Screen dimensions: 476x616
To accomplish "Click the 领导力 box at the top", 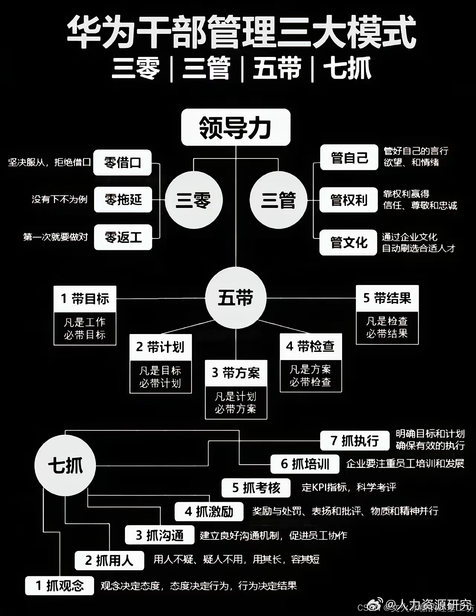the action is pos(235,127).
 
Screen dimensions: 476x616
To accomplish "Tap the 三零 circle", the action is pos(193,200).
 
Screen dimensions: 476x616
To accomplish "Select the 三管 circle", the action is pos(278,200).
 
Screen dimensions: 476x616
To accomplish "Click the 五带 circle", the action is pos(236,298).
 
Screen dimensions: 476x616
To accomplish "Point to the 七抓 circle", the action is pos(65,465).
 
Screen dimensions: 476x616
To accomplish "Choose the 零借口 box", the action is pos(122,163).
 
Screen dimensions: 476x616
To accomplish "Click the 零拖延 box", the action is pos(123,200).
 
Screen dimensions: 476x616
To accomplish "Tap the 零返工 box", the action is pos(123,237).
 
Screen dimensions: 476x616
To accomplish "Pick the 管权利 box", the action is pos(348,200).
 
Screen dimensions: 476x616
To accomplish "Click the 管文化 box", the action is pos(348,243).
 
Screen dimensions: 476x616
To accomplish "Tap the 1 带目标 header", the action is pos(85,299).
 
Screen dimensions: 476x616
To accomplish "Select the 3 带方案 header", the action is pos(236,372).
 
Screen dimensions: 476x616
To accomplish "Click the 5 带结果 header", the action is pos(387,298).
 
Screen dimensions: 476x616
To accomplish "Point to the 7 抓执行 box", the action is pos(355,441).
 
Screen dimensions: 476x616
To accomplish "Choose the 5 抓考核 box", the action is pos(256,488).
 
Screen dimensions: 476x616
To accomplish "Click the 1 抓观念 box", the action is pos(59,586).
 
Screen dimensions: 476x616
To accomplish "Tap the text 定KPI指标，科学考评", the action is pos(349,487).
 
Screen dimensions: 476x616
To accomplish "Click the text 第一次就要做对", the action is pos(55,237).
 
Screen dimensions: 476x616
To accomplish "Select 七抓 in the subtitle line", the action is pos(347,69).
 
